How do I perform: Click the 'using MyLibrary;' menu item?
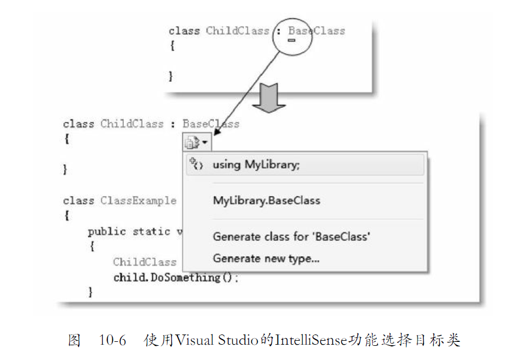[256, 165]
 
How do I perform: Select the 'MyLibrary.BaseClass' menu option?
[267, 201]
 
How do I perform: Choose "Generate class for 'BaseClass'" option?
[292, 236]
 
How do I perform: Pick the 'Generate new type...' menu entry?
[266, 259]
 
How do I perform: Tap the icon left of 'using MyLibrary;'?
[196, 165]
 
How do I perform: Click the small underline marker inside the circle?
[292, 40]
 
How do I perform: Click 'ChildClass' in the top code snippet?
[237, 31]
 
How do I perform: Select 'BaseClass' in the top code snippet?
[317, 31]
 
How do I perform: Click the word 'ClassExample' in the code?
[138, 201]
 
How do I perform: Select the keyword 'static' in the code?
[151, 231]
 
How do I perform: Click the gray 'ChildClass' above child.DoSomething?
[145, 262]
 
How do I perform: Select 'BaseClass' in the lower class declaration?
[211, 124]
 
